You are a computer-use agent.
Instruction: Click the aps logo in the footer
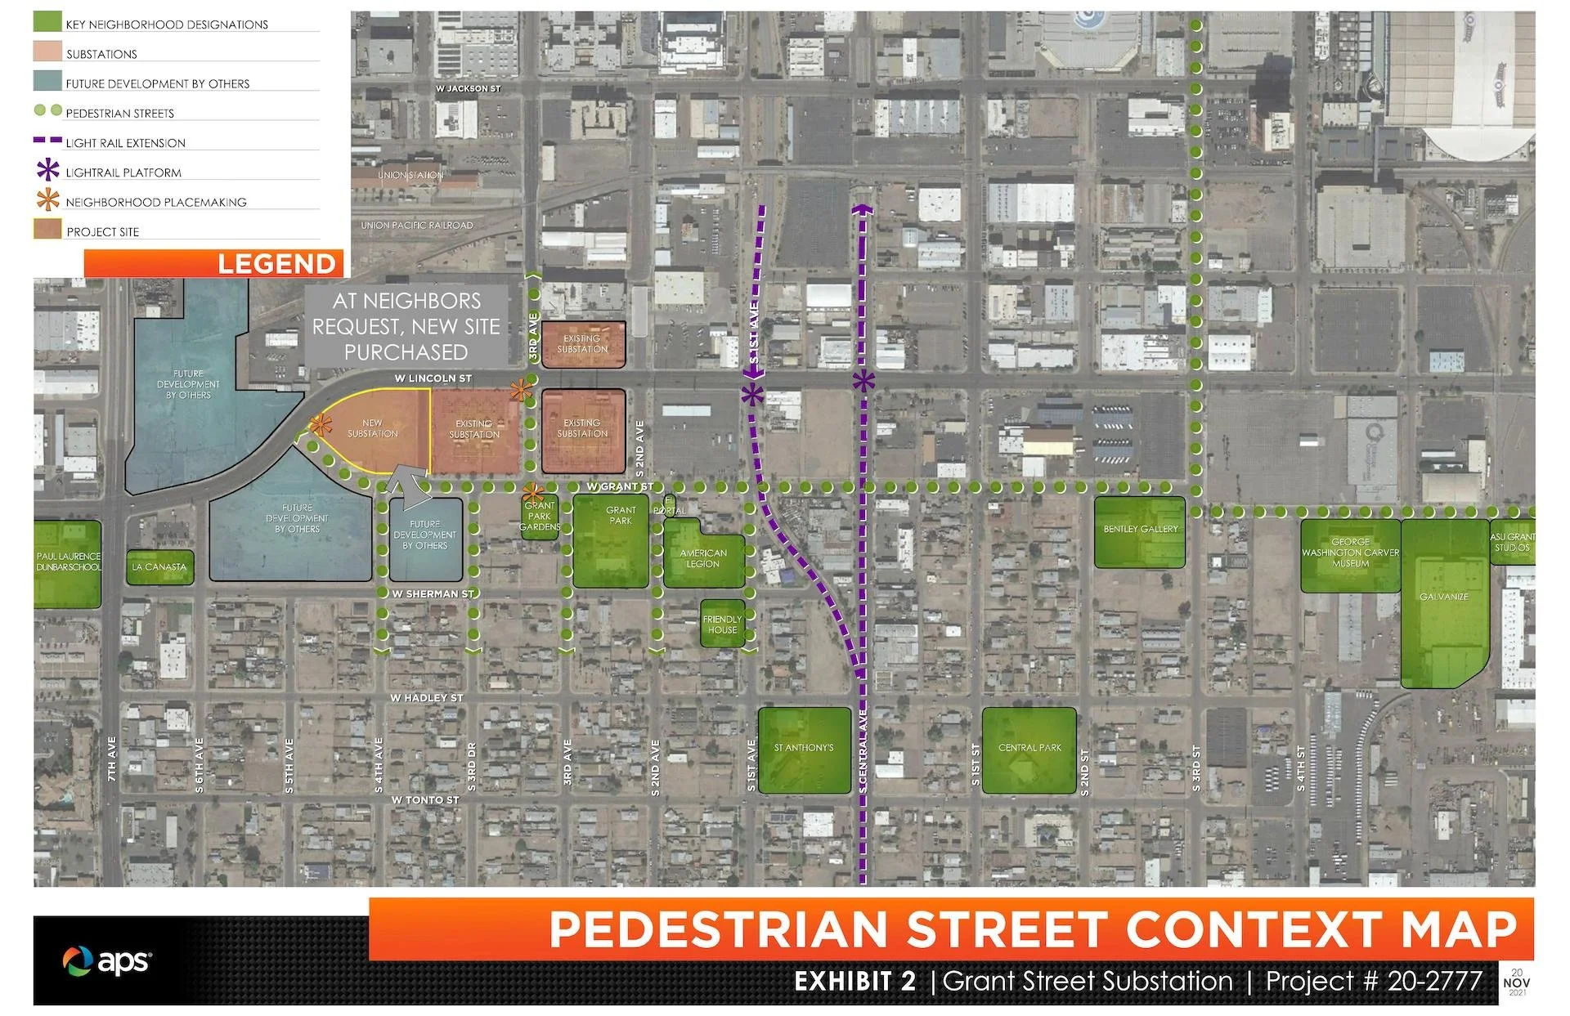[107, 961]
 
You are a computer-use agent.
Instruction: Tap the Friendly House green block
[722, 624]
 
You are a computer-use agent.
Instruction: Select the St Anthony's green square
[804, 750]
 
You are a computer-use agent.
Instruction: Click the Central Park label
[1029, 748]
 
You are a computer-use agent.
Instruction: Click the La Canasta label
[159, 567]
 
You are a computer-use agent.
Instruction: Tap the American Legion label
[703, 559]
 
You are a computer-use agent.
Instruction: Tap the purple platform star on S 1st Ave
[752, 396]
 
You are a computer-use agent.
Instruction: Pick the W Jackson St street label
[468, 88]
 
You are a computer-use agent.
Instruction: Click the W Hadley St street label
[426, 698]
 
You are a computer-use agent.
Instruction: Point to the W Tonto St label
[424, 800]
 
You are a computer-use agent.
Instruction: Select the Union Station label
[410, 175]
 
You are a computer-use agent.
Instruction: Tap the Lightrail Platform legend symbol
[48, 172]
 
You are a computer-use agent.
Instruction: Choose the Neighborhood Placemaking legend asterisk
[48, 201]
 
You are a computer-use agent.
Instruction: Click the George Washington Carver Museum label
[1350, 553]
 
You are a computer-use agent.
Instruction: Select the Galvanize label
[1443, 597]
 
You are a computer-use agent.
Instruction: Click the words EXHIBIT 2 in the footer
[855, 981]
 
